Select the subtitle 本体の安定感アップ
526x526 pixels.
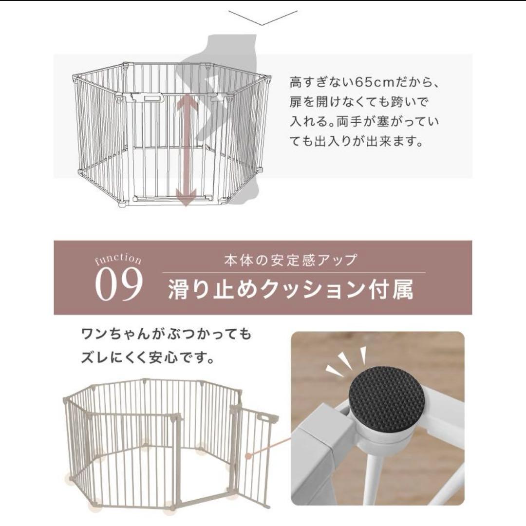(291, 260)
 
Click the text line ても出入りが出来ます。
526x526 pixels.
(356, 143)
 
